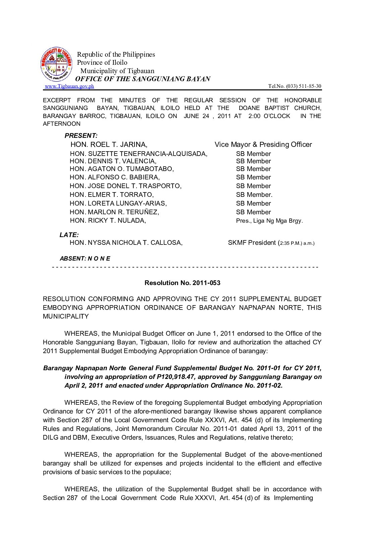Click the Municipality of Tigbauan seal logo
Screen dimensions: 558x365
(56, 64)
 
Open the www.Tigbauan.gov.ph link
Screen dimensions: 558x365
(69, 86)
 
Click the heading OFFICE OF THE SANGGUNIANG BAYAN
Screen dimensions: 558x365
(143, 79)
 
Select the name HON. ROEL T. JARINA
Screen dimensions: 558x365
(109, 145)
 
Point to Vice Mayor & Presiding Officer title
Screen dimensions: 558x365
(263, 145)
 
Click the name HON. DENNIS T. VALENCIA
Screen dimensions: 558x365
(113, 161)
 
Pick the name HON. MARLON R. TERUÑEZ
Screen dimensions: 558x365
(114, 212)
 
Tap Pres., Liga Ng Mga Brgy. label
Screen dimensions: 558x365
(269, 221)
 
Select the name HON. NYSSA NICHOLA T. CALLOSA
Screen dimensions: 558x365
(126, 242)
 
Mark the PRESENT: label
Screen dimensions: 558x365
(81, 135)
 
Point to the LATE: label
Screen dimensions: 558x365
(69, 235)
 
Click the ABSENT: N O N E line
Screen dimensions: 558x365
(85, 259)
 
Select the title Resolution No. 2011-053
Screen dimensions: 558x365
(182, 283)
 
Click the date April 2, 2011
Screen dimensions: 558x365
(84, 385)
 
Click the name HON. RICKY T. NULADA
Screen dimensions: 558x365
(108, 220)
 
